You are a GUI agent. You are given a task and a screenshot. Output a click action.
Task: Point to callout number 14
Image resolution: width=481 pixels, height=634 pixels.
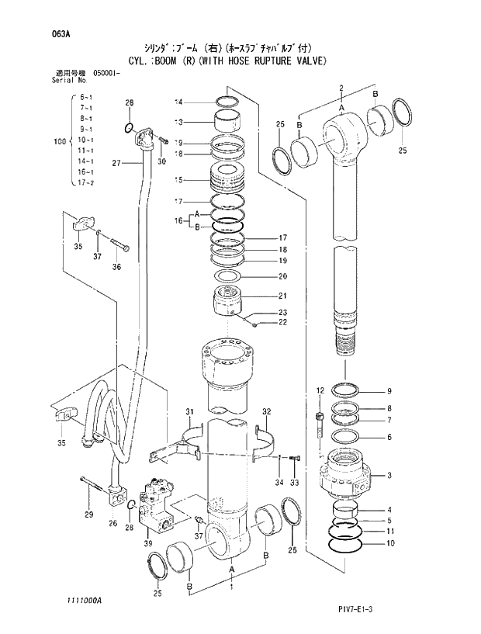(x=178, y=102)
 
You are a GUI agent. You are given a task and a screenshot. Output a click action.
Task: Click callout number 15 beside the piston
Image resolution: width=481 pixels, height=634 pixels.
(x=178, y=180)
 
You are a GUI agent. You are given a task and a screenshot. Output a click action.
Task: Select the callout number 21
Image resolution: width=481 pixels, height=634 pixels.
(x=282, y=295)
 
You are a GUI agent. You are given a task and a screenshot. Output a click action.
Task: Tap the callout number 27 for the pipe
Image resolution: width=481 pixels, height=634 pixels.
(x=116, y=163)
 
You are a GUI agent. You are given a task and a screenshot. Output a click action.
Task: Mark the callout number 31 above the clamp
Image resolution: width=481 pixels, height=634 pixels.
(x=189, y=411)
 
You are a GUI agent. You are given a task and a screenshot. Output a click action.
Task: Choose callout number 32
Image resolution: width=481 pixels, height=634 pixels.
(x=266, y=411)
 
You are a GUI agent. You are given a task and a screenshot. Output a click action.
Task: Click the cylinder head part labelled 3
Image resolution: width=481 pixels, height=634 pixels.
(x=345, y=475)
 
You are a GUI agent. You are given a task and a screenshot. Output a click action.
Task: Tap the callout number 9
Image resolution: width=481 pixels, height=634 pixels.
(x=389, y=390)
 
